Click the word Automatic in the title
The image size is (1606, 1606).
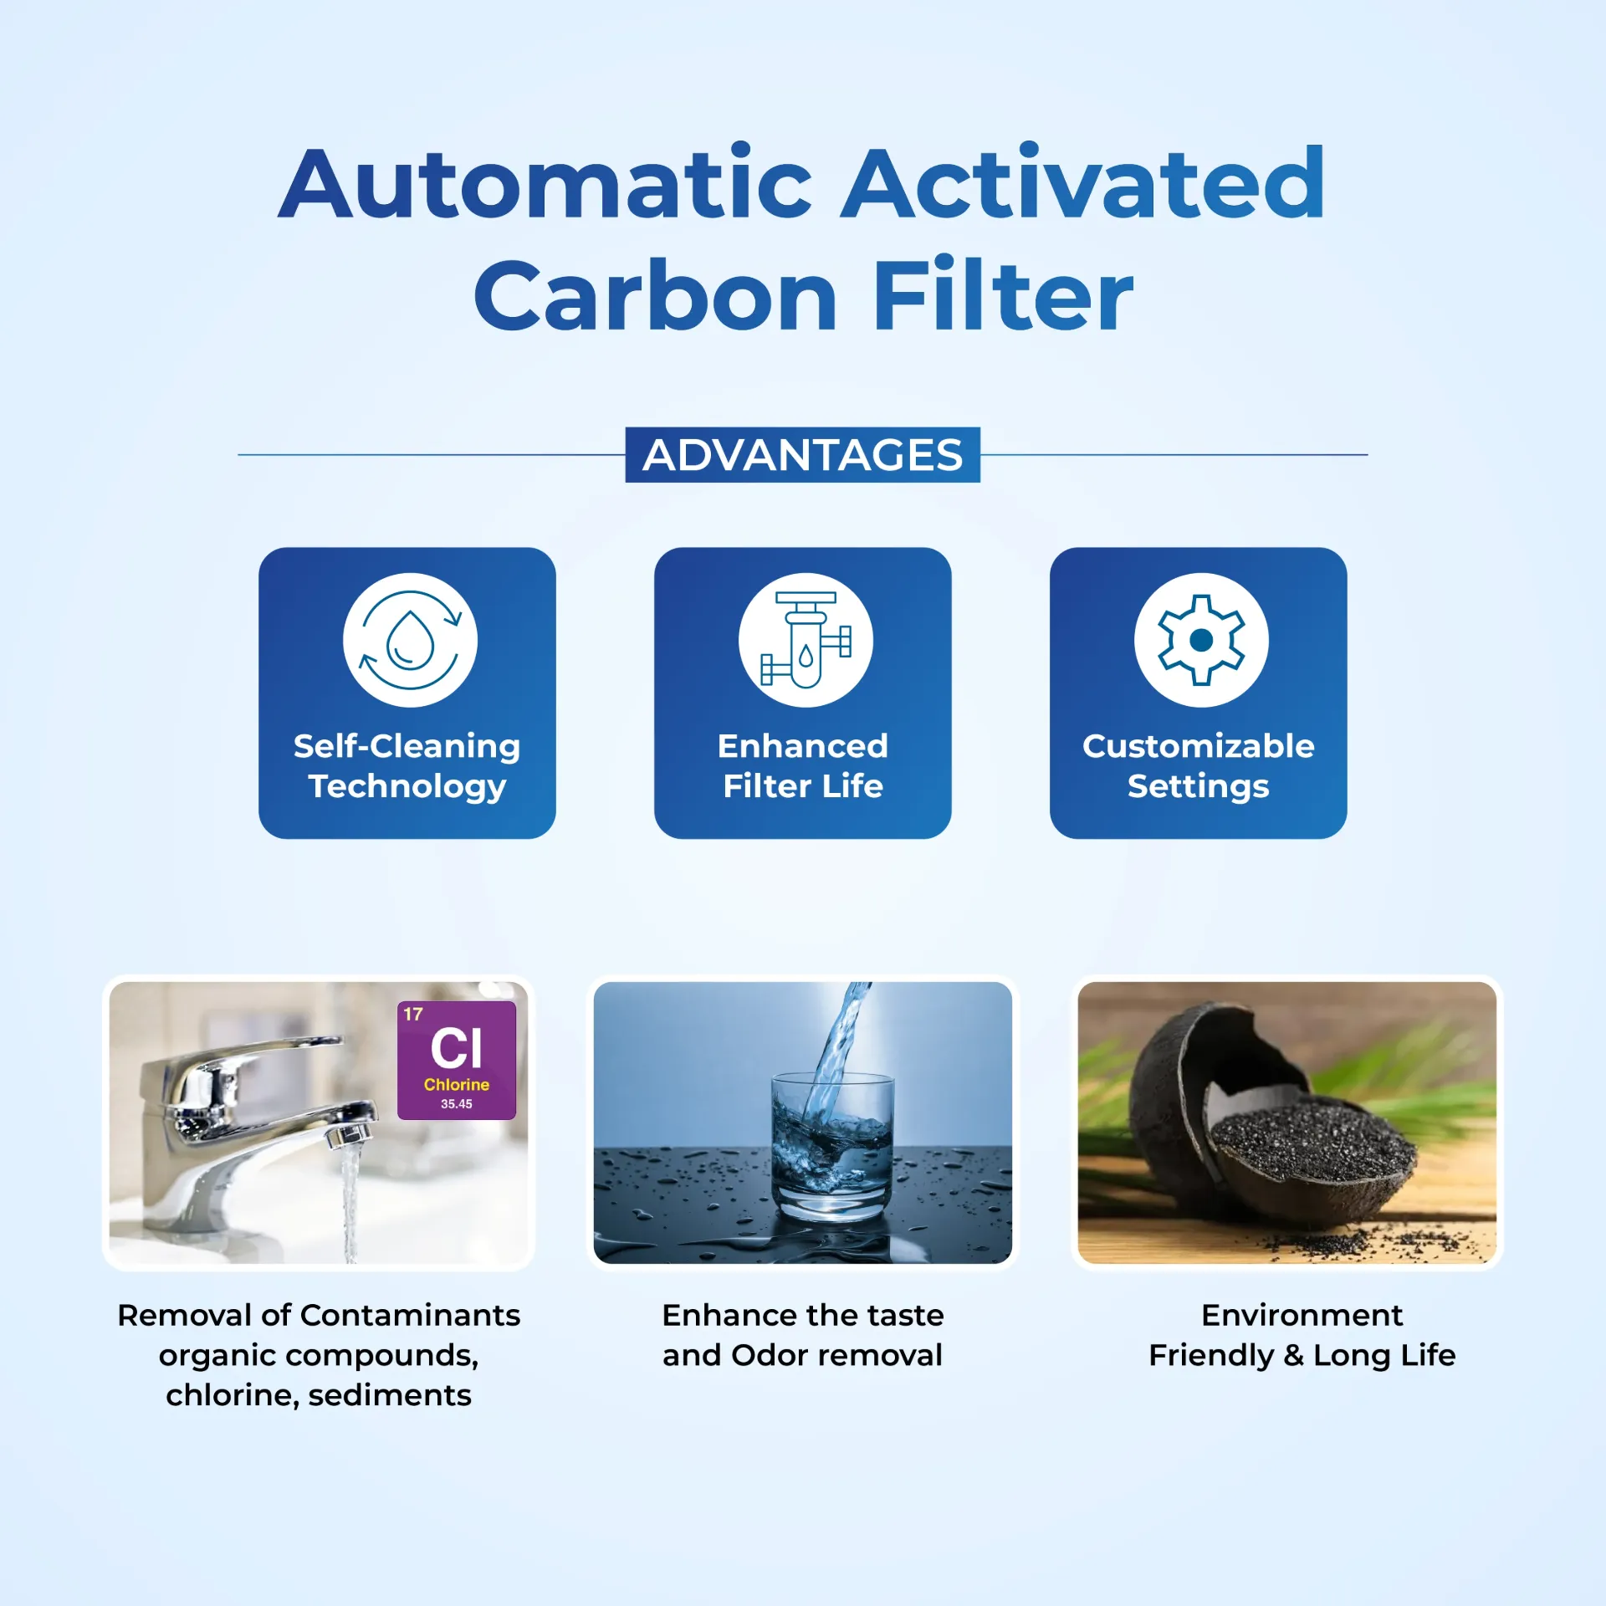tap(545, 184)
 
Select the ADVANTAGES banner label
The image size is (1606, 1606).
tap(802, 455)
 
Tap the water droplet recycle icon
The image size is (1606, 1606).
tap(410, 640)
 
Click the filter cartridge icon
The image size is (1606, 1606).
tap(805, 640)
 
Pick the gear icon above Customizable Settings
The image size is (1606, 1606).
tap(1200, 640)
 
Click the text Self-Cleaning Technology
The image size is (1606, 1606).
tap(407, 765)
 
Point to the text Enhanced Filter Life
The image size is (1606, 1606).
tap(803, 765)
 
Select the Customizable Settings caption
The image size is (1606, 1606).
tap(1198, 765)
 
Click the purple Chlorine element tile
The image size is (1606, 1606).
tap(456, 1060)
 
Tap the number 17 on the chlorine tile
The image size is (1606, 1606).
tap(413, 1015)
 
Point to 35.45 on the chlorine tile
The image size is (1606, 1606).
tap(456, 1104)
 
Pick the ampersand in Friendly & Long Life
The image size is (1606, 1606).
tap(1293, 1356)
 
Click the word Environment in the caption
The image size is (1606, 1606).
tap(1302, 1316)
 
